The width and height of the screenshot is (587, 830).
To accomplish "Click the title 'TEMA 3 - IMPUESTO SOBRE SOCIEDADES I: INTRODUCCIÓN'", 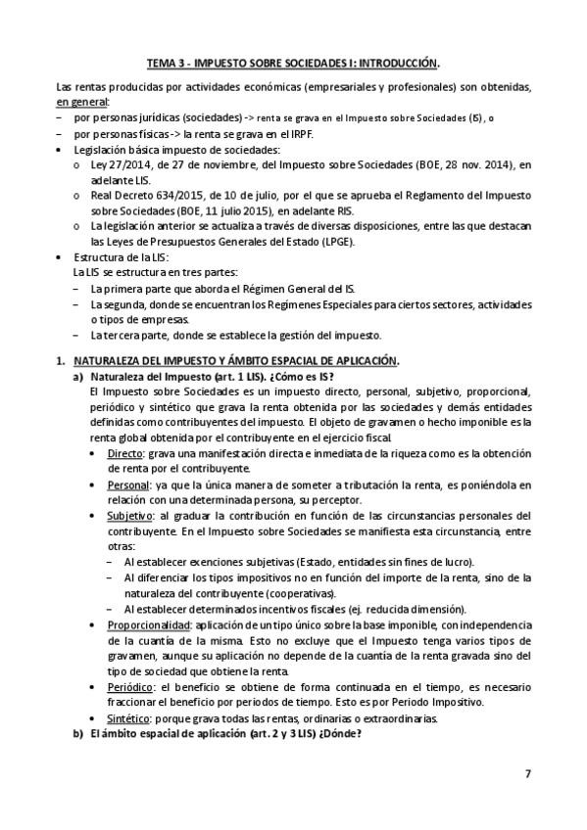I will pyautogui.click(x=292, y=61).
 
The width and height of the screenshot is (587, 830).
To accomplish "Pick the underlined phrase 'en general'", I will pyautogui.click(x=83, y=102).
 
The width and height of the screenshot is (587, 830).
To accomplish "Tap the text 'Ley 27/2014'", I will pyautogui.click(x=118, y=164).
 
